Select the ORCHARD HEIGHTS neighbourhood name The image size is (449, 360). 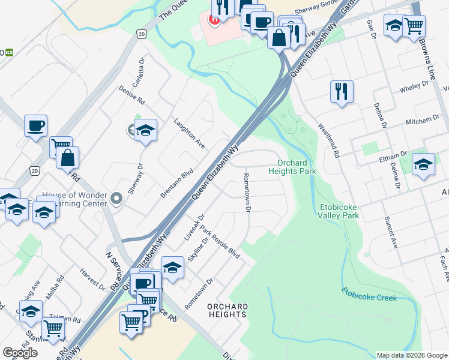click(227, 310)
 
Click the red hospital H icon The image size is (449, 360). click(212, 19)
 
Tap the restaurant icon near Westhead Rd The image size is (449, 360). click(342, 92)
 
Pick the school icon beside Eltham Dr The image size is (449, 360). click(423, 164)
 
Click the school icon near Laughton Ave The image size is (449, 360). click(145, 130)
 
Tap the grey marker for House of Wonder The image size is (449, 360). click(117, 197)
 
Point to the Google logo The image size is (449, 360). click(20, 353)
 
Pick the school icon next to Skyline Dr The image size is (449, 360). click(172, 268)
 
